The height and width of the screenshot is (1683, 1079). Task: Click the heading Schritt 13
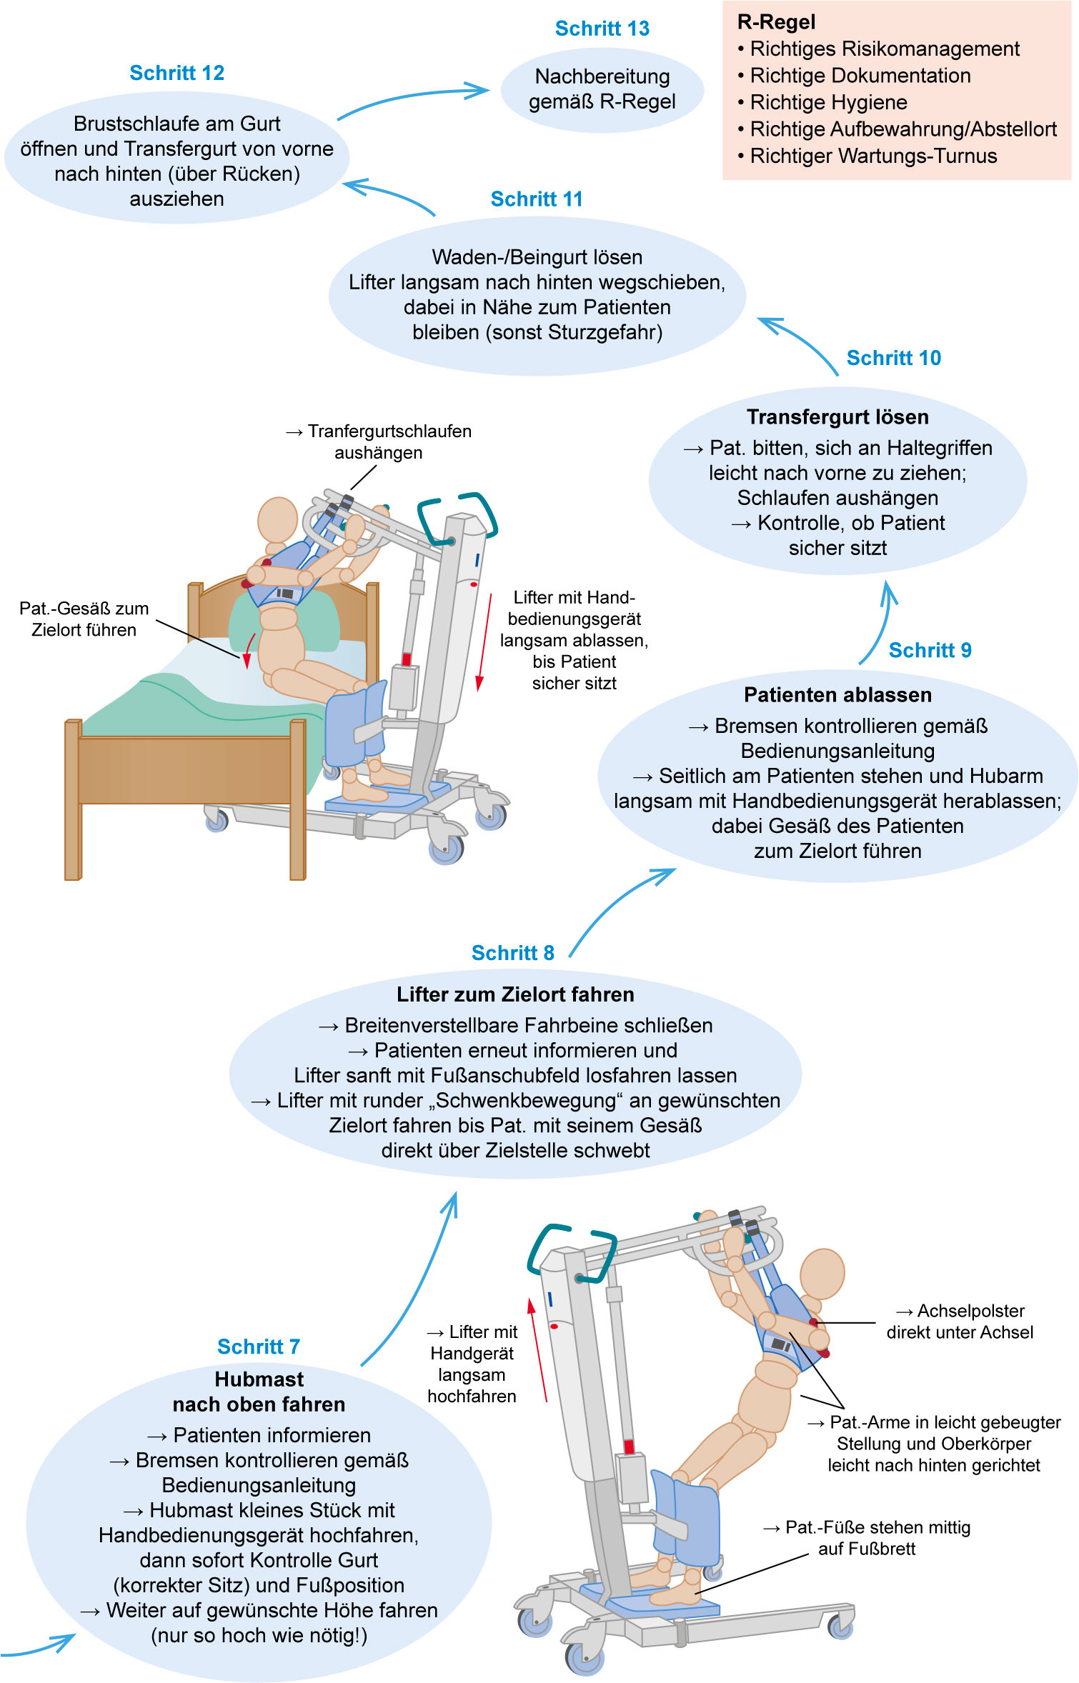point(602,29)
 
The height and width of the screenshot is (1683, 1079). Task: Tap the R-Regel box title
point(776,22)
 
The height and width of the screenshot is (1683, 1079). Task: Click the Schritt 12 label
point(176,73)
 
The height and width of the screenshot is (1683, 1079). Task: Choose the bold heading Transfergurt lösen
point(837,417)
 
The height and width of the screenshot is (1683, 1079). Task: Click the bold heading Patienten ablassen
point(837,695)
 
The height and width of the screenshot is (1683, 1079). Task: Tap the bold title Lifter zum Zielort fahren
point(515,994)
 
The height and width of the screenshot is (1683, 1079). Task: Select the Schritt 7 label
point(259,1347)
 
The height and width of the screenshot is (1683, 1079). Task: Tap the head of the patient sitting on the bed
point(277,519)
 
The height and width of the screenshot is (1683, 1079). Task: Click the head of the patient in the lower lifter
point(822,1272)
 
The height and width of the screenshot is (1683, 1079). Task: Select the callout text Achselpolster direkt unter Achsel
point(960,1322)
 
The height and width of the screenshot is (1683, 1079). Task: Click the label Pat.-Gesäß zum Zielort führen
point(84,619)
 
